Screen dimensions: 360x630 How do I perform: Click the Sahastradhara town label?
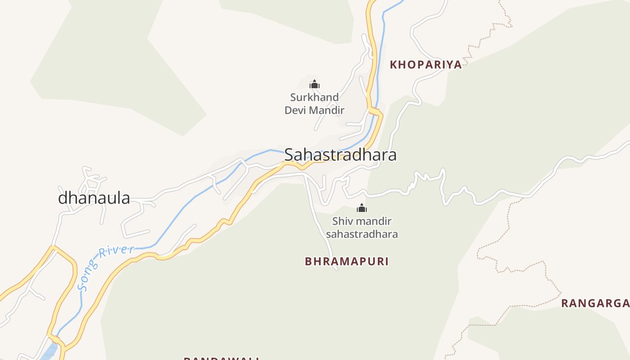340,155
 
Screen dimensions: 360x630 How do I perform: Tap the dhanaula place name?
94,198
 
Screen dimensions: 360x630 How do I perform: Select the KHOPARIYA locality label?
426,64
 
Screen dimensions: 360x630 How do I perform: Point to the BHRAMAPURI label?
346,261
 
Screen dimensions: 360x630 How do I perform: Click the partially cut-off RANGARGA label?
595,303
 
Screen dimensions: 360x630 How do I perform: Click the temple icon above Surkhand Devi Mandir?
314,84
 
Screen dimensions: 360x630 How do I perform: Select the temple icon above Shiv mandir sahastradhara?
362,208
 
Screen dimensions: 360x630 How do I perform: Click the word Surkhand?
314,97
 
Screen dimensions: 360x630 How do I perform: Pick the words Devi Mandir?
314,110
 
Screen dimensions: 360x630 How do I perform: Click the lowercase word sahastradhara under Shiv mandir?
362,234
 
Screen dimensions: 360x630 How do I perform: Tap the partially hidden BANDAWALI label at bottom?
221,358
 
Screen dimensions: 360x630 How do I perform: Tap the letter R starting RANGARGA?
565,303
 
